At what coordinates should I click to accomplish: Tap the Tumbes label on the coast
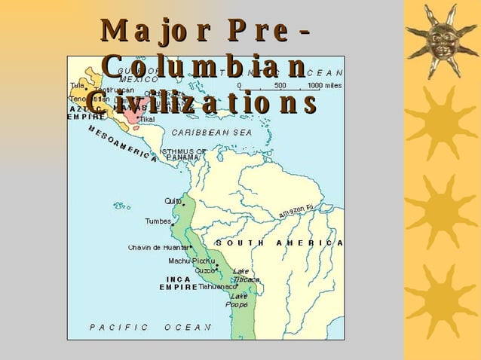click(158, 221)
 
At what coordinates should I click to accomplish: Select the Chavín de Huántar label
click(158, 247)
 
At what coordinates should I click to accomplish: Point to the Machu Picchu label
click(191, 261)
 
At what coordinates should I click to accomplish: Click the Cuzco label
click(204, 270)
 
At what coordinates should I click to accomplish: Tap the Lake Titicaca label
click(245, 275)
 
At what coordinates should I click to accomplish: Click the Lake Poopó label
click(238, 300)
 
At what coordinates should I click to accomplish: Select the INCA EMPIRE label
click(178, 282)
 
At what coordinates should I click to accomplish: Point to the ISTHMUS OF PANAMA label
click(182, 154)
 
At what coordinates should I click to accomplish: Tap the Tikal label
click(147, 119)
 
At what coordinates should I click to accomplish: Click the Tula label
click(77, 85)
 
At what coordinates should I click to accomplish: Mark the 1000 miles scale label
click(325, 86)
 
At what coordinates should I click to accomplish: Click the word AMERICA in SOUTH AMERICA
click(310, 243)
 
